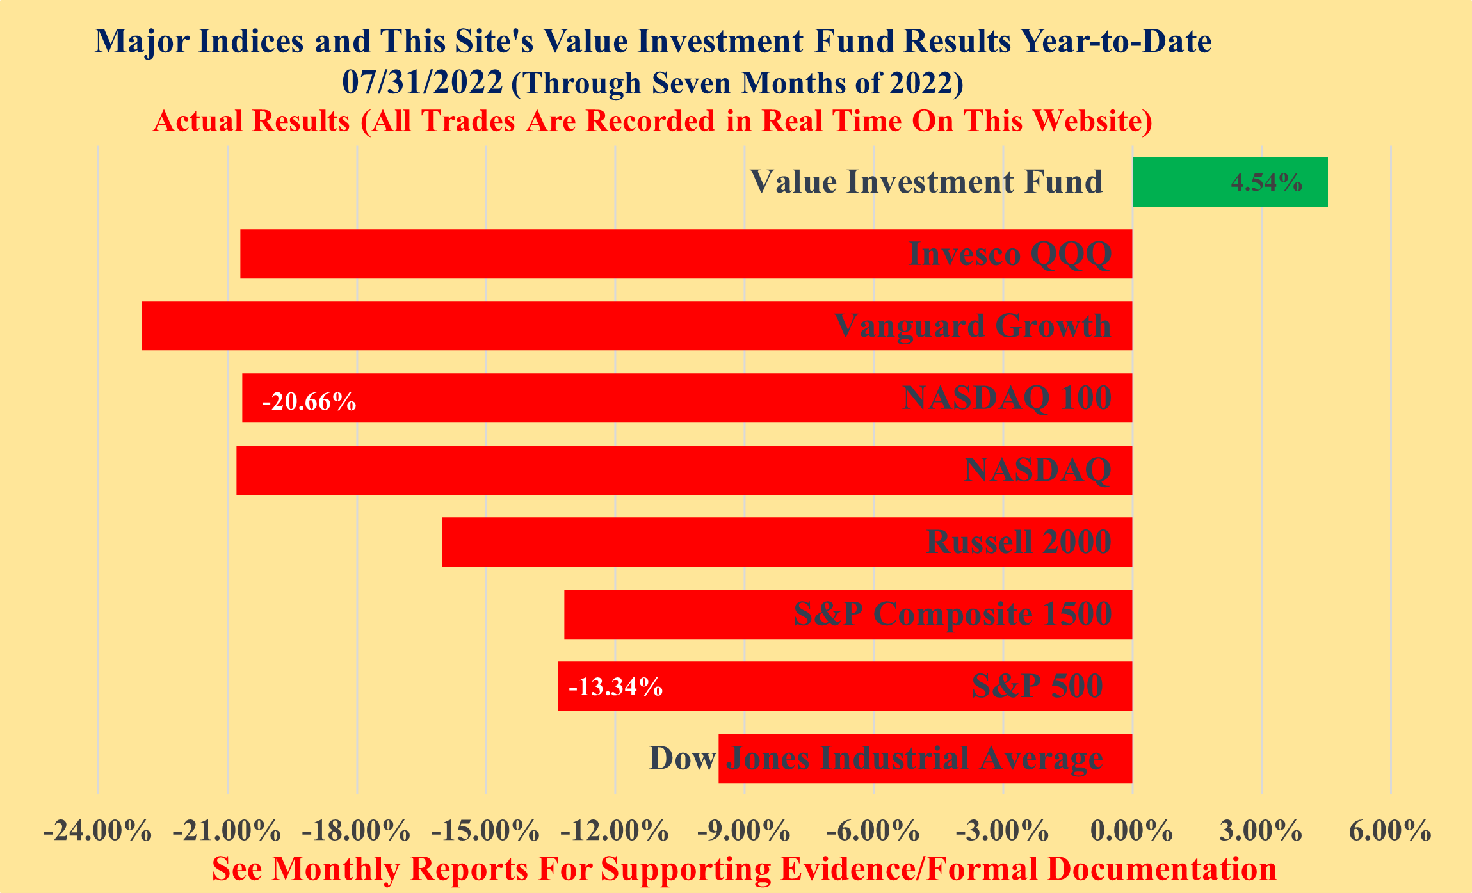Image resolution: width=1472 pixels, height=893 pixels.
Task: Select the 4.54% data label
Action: click(x=1266, y=183)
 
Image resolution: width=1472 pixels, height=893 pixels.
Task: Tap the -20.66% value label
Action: click(x=309, y=402)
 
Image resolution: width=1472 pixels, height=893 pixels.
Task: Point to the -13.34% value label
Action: click(x=615, y=688)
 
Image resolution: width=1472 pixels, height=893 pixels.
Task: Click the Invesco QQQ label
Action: click(x=1010, y=254)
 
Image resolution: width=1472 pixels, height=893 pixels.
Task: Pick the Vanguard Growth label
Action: click(x=972, y=326)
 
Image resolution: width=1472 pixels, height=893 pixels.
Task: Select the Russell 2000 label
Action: click(x=1019, y=542)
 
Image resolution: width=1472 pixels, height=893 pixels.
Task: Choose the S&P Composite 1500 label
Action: click(x=952, y=615)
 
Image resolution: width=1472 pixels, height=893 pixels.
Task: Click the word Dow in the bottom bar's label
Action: click(x=682, y=759)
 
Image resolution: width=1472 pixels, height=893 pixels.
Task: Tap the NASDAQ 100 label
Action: click(x=1007, y=398)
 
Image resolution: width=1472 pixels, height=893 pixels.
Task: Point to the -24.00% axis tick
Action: click(x=97, y=832)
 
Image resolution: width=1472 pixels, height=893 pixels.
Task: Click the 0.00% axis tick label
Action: click(x=1132, y=832)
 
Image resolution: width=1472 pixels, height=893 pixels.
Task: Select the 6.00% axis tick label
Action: click(x=1390, y=832)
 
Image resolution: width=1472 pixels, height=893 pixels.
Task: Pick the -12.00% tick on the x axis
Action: click(x=615, y=832)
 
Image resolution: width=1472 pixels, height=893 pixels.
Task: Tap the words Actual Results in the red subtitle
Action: click(x=252, y=121)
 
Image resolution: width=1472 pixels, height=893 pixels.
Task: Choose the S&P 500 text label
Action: click(x=1037, y=686)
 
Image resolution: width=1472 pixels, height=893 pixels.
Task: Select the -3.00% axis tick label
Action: click(x=1002, y=832)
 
